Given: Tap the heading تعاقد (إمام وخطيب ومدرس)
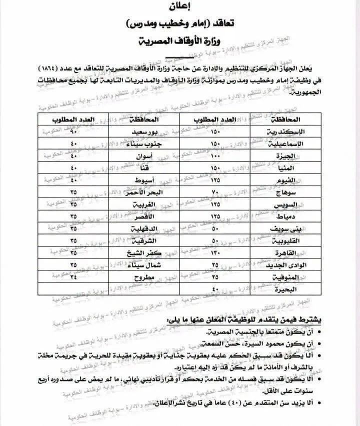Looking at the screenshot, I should pos(180,23).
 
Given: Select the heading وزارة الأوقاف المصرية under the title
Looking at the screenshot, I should pos(180,42).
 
